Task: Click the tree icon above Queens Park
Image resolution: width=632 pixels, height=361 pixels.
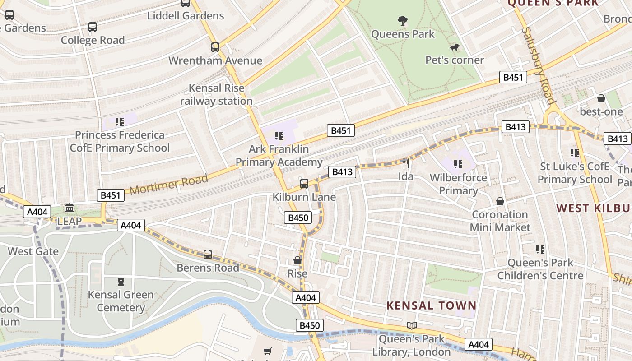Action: tap(402, 20)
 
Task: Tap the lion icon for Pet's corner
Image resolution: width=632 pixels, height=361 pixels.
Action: tap(455, 47)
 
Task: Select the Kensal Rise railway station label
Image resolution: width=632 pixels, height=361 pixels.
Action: tap(216, 94)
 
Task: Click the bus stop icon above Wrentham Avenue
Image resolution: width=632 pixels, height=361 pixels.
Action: tap(215, 47)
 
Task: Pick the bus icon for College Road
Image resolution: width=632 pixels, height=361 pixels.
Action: tap(93, 27)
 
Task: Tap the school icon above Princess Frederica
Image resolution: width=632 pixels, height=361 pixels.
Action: tap(120, 121)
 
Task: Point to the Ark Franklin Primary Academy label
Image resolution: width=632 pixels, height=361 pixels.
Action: tap(279, 155)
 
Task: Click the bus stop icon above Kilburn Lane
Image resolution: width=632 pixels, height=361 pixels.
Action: tap(304, 183)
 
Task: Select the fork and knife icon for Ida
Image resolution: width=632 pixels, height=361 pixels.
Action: tap(406, 163)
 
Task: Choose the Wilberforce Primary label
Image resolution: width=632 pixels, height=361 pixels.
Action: tap(458, 184)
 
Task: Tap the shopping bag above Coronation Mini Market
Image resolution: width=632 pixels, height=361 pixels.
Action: tap(500, 201)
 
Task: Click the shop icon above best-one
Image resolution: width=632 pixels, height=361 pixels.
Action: tap(601, 98)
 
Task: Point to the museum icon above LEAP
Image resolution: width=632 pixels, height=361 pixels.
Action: tap(70, 208)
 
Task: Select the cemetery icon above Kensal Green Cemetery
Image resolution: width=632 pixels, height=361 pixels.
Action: tap(121, 282)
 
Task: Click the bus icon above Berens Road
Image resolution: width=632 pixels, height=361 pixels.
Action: tap(207, 254)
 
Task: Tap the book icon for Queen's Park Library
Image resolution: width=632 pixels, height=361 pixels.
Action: tap(411, 325)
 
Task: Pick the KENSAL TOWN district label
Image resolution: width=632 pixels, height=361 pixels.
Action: tap(431, 305)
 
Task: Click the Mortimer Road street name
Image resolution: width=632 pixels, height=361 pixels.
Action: tap(169, 184)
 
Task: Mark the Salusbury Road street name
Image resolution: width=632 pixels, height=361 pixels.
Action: tap(539, 65)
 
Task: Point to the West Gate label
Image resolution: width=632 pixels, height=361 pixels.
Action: tap(33, 251)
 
